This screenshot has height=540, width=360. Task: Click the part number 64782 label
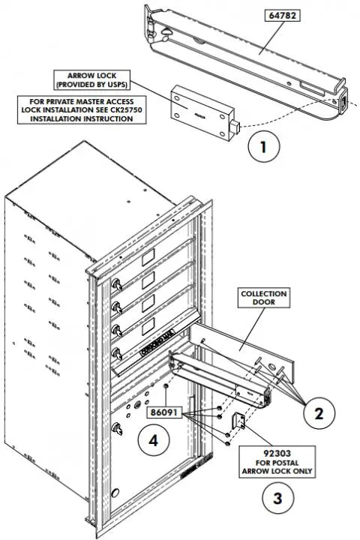pos(280,15)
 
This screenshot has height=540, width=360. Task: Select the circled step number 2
pos(318,412)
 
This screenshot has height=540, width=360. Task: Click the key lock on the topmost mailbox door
pos(118,286)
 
